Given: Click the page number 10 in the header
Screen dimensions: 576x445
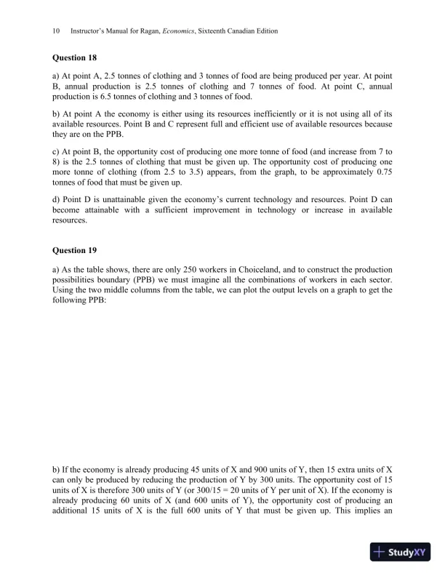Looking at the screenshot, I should coord(56,32).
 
